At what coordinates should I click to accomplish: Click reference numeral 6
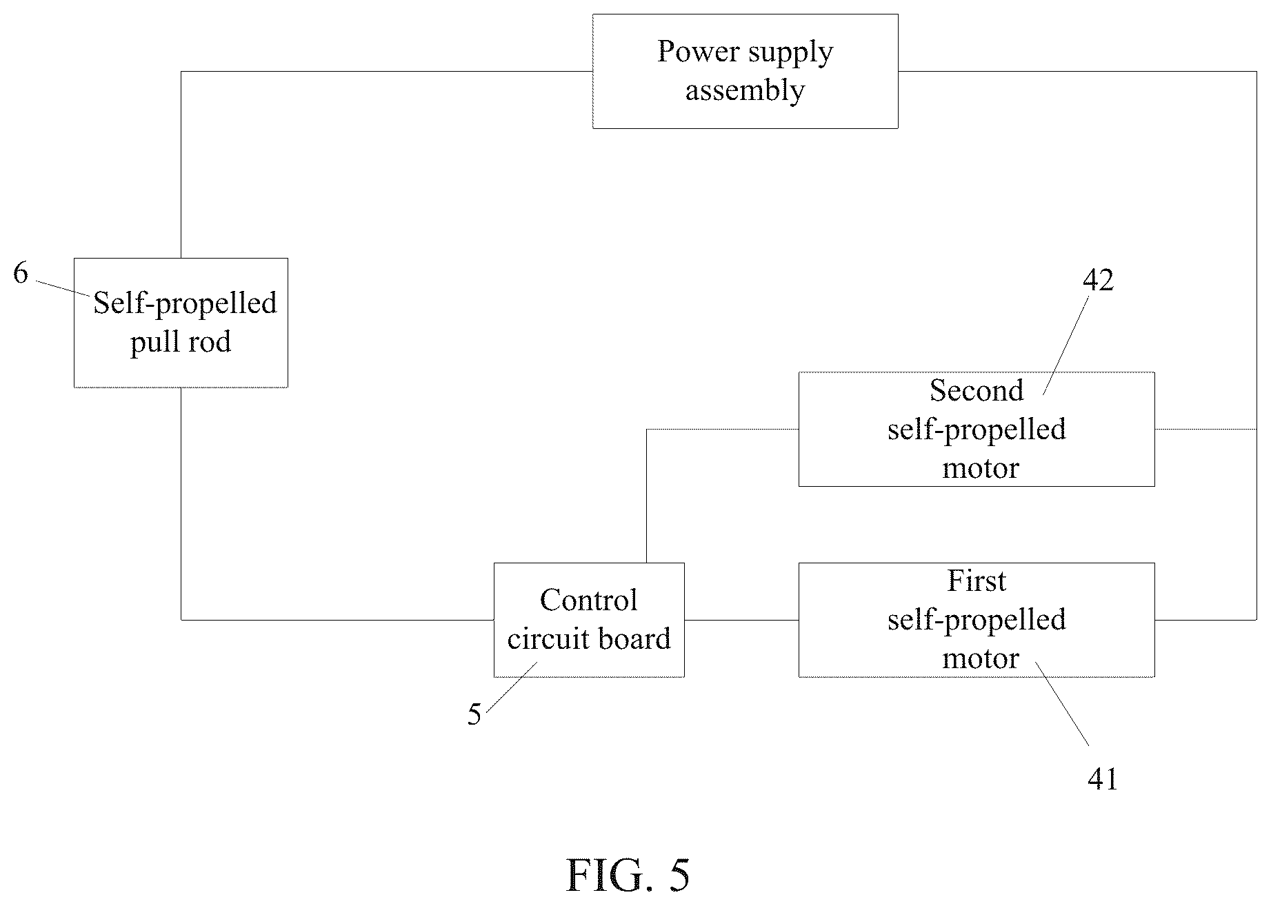click(21, 274)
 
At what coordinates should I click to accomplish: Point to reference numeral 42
click(1098, 280)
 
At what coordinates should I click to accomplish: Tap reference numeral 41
click(1102, 779)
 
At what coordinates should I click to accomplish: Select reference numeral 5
click(474, 715)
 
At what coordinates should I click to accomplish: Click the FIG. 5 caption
click(628, 876)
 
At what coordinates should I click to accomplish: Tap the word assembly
click(745, 91)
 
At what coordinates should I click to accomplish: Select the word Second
click(977, 391)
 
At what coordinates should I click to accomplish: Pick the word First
click(977, 581)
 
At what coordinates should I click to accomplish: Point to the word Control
click(589, 601)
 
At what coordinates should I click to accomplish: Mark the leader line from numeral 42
click(1065, 345)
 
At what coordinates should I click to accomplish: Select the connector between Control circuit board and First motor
click(741, 620)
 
